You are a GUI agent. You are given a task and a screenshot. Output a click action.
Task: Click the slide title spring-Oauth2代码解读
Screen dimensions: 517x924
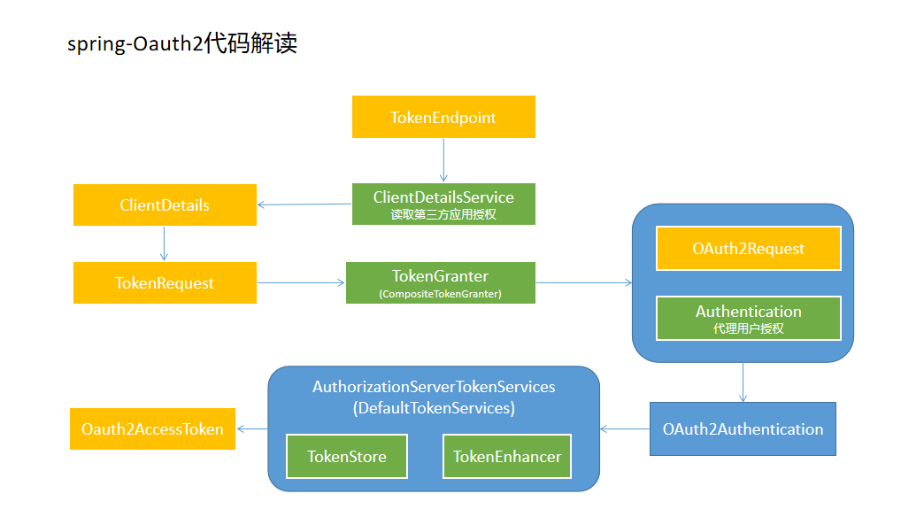[x=181, y=43]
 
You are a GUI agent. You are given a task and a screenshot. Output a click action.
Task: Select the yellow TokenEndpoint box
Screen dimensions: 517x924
[x=443, y=118]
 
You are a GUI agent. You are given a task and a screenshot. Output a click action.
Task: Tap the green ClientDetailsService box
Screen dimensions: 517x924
[x=443, y=204]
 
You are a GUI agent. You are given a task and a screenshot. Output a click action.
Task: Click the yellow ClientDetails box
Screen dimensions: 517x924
[x=165, y=205]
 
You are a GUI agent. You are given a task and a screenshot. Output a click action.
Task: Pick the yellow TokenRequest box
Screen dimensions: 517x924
[x=165, y=283]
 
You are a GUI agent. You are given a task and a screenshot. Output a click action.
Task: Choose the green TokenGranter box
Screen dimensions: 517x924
[x=440, y=282]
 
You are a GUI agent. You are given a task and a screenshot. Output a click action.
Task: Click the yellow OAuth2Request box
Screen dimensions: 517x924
[x=748, y=249]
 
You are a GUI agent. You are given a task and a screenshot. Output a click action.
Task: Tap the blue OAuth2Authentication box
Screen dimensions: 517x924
[x=743, y=429]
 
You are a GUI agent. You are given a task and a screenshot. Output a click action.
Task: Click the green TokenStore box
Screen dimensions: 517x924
[x=346, y=457]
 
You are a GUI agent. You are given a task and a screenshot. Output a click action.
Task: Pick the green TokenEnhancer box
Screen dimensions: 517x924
[x=507, y=457]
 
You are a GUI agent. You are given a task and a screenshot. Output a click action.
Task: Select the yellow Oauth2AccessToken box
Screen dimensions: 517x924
[x=152, y=429]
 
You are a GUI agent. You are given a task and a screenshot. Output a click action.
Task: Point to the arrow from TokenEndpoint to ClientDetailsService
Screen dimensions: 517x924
[x=443, y=160]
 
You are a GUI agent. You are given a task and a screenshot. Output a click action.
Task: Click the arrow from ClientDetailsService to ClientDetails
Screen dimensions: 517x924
[x=304, y=204]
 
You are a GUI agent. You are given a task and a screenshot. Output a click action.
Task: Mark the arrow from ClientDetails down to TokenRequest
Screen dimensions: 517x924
[x=165, y=243]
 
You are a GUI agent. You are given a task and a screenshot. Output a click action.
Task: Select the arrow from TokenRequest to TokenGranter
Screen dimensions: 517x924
[x=301, y=283]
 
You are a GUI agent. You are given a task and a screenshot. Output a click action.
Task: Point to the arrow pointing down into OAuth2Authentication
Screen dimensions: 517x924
[x=743, y=382]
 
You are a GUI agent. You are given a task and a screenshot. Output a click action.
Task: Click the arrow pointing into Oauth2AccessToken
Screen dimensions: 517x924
[x=252, y=429]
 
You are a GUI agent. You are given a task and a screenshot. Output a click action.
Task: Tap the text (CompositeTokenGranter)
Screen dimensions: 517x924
[x=440, y=294]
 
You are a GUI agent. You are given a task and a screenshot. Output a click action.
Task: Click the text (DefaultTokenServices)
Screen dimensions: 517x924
[x=434, y=409]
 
